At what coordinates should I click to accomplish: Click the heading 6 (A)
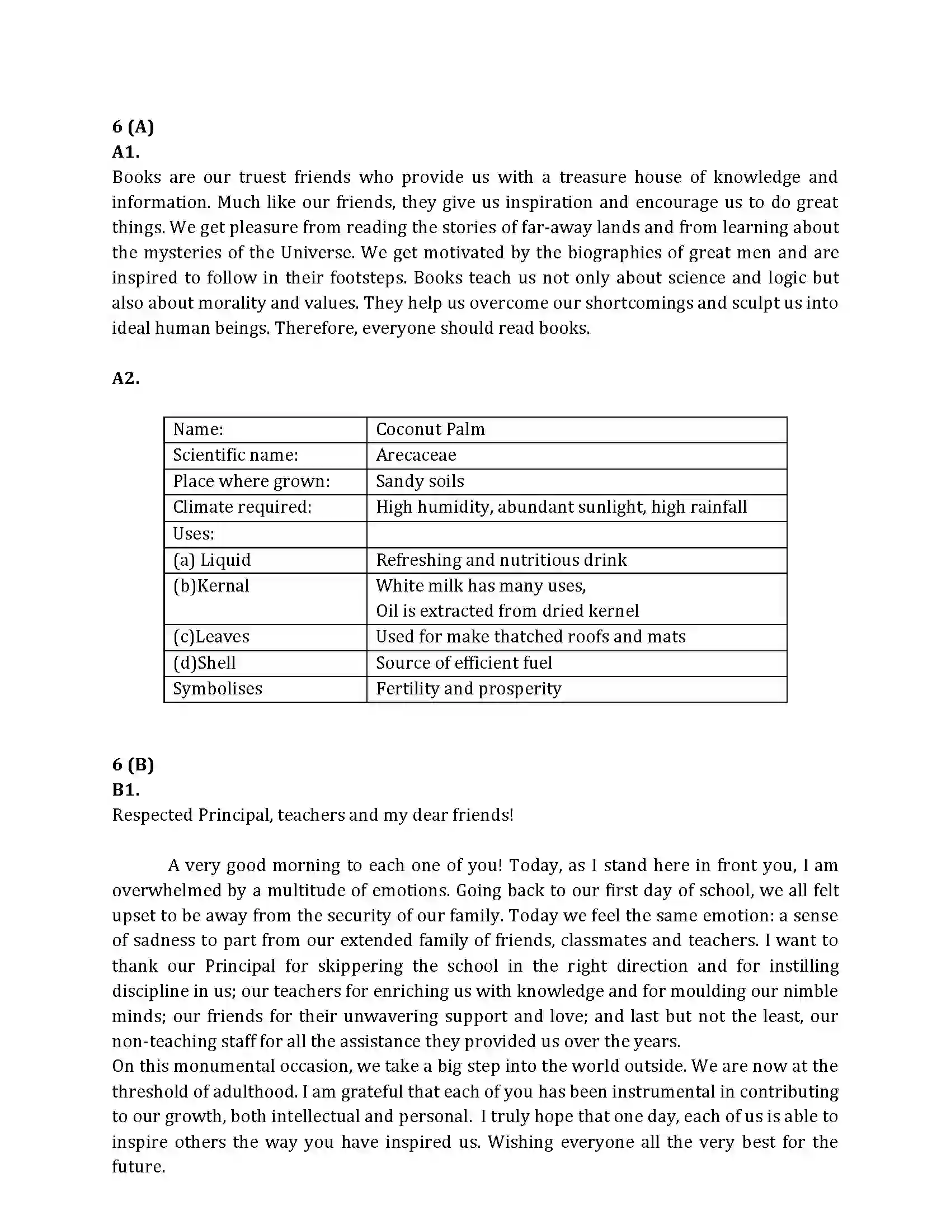coord(133,126)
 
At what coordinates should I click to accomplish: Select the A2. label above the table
coord(125,378)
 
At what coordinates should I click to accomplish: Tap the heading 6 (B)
coord(133,764)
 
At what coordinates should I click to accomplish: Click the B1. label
coord(125,789)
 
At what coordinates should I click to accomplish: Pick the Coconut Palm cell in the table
coord(430,429)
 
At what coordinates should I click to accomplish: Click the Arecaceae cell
coord(416,455)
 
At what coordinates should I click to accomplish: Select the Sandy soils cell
coord(420,481)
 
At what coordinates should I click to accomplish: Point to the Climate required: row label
coord(242,507)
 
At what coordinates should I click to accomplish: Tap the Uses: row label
coord(193,533)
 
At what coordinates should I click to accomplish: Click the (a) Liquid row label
coord(211,560)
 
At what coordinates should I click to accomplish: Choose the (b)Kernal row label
coord(211,586)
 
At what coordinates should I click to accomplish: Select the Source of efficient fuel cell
coord(464,663)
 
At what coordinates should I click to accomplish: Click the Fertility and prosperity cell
coord(468,689)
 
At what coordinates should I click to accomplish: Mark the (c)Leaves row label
coord(211,637)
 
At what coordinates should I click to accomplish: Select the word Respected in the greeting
coord(152,815)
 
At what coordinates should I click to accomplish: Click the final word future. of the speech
coord(139,1166)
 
